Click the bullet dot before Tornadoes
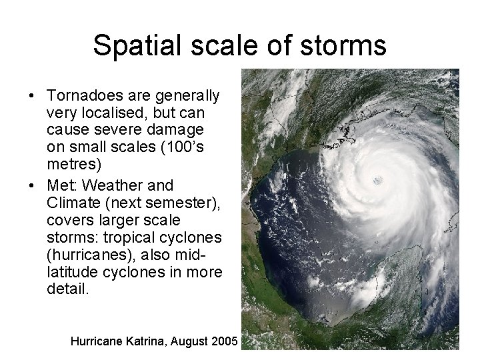pyautogui.click(x=32, y=96)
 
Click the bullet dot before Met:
pyautogui.click(x=32, y=185)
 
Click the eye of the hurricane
pyautogui.click(x=378, y=179)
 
